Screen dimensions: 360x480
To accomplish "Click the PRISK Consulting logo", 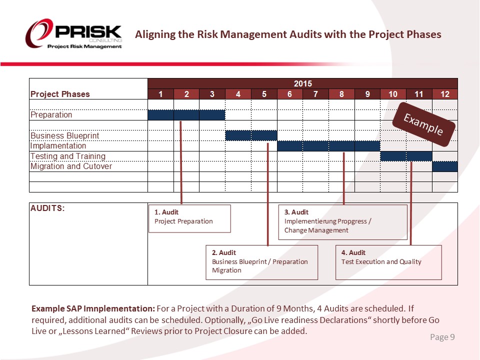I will tap(74, 34).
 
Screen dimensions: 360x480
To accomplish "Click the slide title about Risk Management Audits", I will tap(288, 34).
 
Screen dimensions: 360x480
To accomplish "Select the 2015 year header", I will tap(302, 83).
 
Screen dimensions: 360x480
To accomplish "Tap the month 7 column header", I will tap(315, 94).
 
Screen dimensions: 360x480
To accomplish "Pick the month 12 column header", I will tap(444, 94).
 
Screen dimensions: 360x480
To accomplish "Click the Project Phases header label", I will tap(60, 94).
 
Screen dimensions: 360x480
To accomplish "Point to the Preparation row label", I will tap(51, 114).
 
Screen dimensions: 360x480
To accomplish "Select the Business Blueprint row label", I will tap(65, 135).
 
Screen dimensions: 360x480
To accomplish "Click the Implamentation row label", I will tap(58, 146).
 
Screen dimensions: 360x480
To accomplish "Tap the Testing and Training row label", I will tap(68, 156).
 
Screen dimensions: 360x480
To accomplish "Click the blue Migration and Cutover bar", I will tap(444, 166).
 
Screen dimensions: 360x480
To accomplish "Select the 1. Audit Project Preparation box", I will tap(189, 218).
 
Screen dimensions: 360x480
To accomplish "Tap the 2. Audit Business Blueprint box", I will tap(262, 262).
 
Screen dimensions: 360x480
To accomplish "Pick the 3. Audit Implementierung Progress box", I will tap(342, 222).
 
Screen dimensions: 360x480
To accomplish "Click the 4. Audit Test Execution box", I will tap(388, 262).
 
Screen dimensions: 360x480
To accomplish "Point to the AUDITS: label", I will tap(47, 208).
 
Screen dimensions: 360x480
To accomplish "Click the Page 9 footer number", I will tap(442, 337).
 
